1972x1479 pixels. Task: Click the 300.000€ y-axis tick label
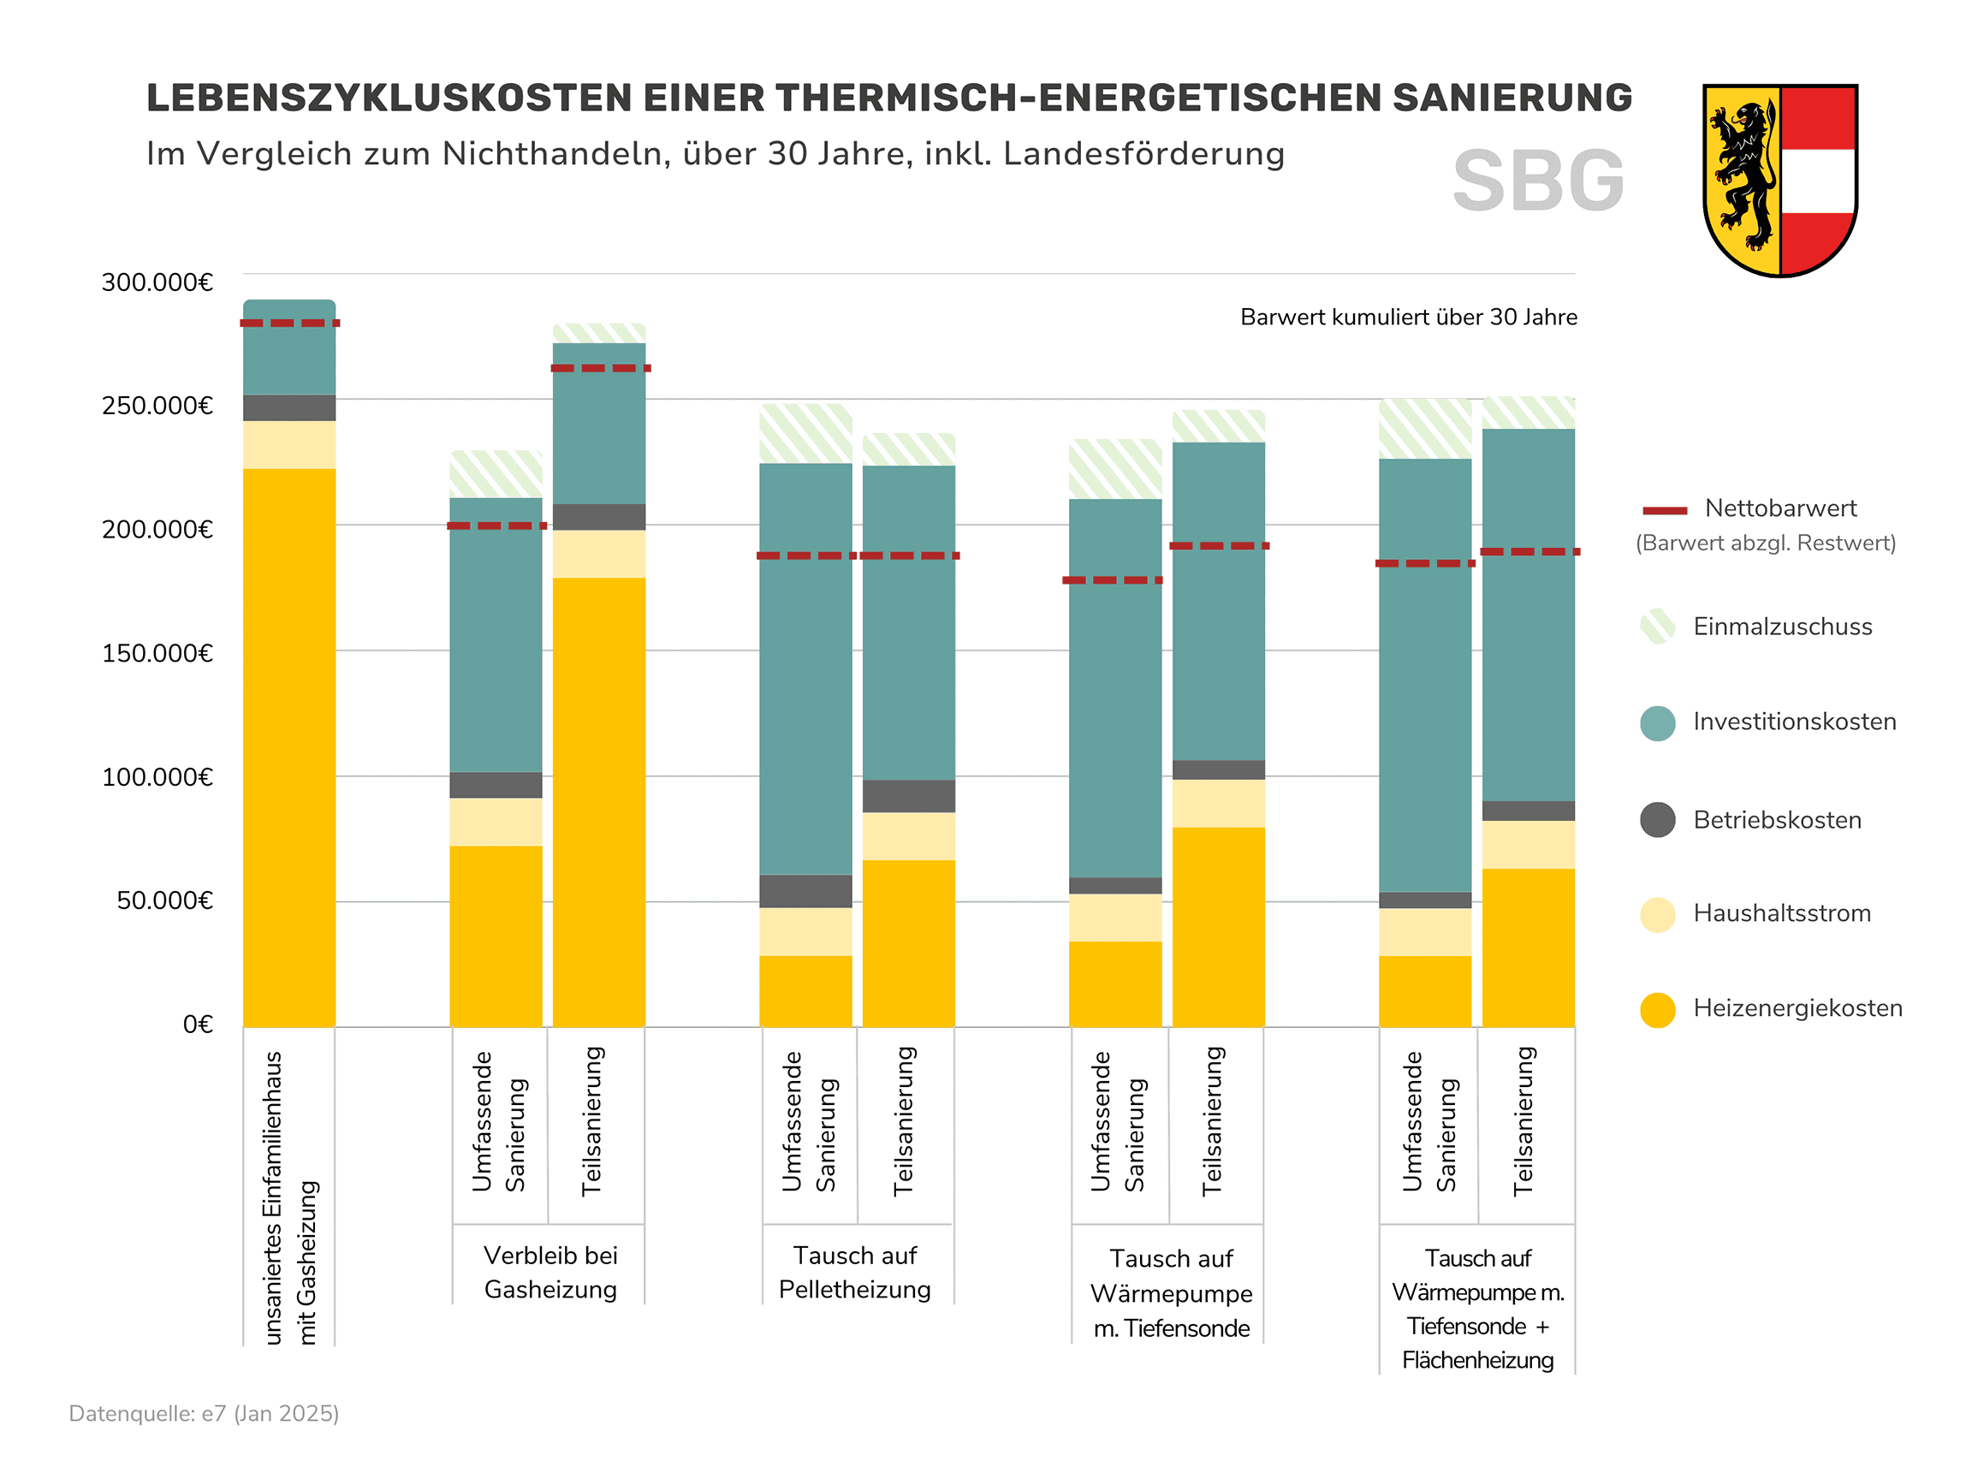157,282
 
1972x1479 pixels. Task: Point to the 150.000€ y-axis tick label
157,653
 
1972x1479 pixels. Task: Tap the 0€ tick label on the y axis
198,1025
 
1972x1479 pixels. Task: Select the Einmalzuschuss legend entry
1782,627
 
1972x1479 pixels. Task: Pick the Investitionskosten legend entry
1794,722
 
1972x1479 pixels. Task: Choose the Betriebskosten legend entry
1777,820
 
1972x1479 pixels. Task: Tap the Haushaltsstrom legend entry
1781,913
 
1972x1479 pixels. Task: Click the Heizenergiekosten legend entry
1797,1008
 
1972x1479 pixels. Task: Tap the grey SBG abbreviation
1538,181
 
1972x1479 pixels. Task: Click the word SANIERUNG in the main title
1512,98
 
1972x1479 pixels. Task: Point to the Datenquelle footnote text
205,1414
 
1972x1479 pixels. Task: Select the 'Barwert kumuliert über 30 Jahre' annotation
1408,318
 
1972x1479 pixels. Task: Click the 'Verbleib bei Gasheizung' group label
550,1272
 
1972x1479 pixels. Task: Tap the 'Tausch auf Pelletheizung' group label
854,1272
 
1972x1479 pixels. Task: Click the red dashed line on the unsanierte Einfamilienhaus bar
290,323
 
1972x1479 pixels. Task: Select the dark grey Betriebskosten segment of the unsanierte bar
290,407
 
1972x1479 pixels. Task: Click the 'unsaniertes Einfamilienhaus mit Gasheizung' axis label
290,1197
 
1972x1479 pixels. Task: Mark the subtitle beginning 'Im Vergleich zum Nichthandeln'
715,154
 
